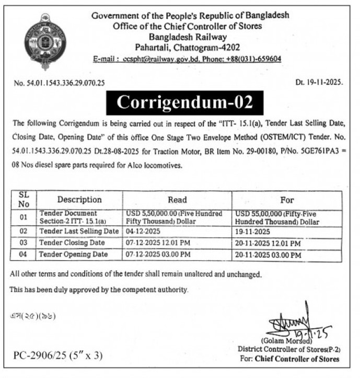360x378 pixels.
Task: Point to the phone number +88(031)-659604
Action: coord(253,60)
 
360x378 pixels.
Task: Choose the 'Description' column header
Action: coord(79,200)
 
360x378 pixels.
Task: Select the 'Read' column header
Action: coord(177,200)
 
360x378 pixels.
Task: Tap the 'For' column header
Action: coord(287,200)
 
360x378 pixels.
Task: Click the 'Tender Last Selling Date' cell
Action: coord(79,231)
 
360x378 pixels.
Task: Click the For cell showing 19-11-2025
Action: coord(253,231)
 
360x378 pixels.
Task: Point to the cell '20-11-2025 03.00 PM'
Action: coord(269,255)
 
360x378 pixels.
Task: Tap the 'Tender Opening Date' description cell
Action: coord(74,255)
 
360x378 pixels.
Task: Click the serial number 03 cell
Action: coord(23,243)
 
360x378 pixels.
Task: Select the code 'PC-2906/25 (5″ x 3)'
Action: coord(58,356)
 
